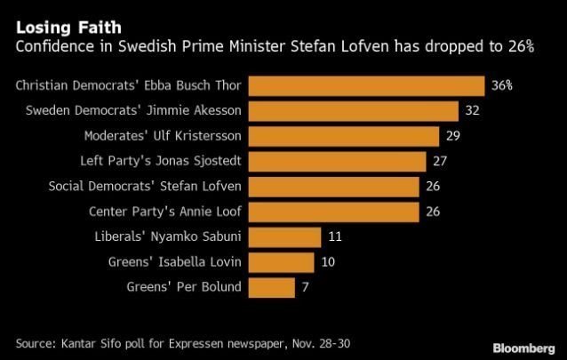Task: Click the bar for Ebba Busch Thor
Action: (366, 86)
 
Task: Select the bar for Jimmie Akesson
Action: (353, 111)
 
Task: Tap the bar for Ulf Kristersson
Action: (344, 136)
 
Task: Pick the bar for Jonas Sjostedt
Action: (337, 162)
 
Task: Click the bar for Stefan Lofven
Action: (333, 187)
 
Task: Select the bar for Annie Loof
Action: (333, 212)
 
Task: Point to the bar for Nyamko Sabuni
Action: (284, 237)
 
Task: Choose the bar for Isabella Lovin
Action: (281, 262)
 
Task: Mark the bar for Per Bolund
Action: (271, 288)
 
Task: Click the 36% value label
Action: (501, 86)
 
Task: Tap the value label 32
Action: (473, 111)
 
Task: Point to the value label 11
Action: (334, 237)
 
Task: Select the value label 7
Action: (307, 288)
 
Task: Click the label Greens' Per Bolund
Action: (187, 288)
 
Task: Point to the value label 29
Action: (453, 136)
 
